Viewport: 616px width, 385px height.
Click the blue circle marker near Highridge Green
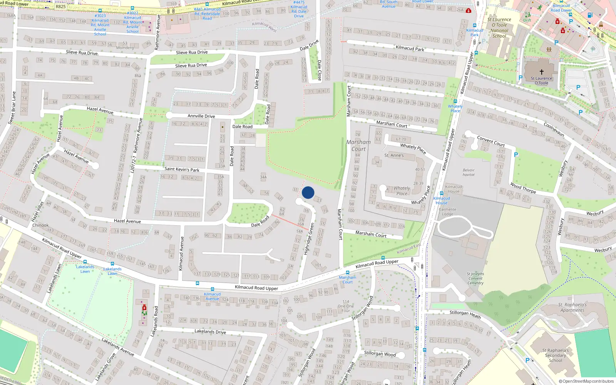tap(308, 192)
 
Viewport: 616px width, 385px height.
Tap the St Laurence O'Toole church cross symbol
tap(541, 72)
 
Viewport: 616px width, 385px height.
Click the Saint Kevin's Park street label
tap(182, 169)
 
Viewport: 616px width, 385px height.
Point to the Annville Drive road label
tap(201, 116)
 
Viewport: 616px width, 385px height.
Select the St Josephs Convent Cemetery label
tap(475, 278)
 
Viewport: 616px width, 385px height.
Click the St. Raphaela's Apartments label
tap(572, 307)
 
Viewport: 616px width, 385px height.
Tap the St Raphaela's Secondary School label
tap(556, 355)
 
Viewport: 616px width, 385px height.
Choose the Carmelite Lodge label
tap(447, 212)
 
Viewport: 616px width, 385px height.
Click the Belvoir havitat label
tap(469, 172)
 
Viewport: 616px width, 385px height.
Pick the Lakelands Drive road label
tap(210, 331)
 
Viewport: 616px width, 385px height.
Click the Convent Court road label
tap(491, 141)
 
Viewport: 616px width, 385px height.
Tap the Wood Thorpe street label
tap(523, 188)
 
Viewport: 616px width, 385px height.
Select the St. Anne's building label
tap(394, 156)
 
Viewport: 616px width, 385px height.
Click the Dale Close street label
tap(319, 70)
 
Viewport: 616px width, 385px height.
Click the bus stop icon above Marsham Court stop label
tap(347, 273)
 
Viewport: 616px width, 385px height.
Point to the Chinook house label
tap(40, 225)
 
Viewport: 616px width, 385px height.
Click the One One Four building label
tap(346, 306)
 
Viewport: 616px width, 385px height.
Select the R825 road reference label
tap(61, 7)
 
